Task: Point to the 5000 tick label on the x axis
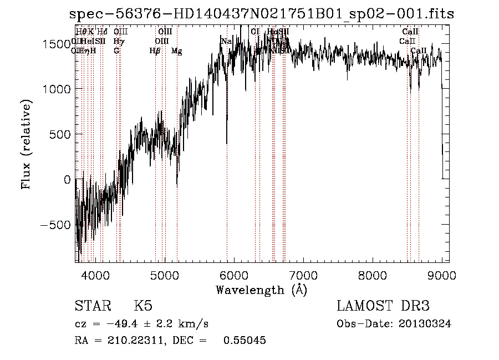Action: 165,276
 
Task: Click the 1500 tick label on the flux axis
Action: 59,44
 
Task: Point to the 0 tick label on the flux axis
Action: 67,180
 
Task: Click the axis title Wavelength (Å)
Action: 261,290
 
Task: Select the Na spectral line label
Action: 226,42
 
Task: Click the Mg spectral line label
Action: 176,51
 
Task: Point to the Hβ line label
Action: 155,51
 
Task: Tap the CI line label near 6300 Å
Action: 255,32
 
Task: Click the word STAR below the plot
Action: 90,306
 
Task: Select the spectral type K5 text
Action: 143,306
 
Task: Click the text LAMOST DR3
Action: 383,306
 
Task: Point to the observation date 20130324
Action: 426,324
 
